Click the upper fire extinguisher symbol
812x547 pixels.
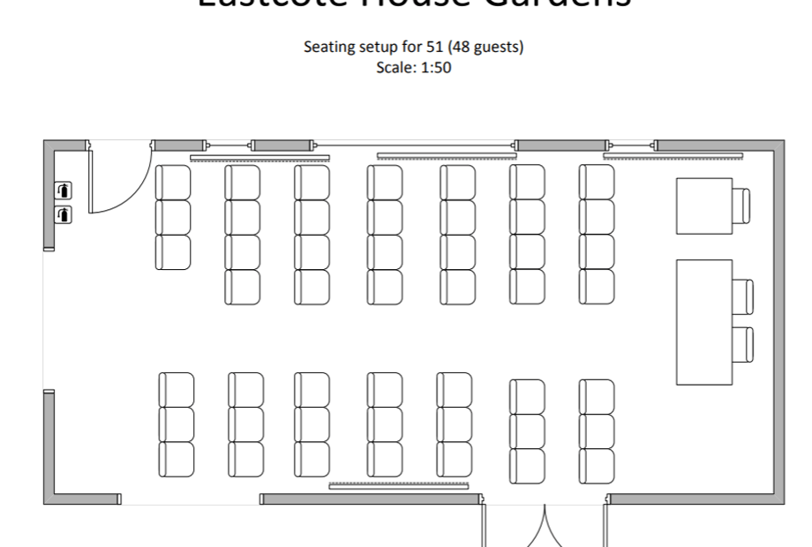(64, 190)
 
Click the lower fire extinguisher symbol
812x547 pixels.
(64, 214)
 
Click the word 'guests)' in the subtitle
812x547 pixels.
(500, 48)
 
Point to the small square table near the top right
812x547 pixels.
(704, 206)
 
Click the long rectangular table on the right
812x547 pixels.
(704, 322)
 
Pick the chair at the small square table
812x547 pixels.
(743, 206)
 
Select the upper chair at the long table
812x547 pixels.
(744, 296)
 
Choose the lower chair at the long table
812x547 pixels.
(744, 344)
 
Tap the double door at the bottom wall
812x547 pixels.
(545, 527)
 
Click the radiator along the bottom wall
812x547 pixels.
(403, 485)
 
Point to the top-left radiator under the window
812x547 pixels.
(259, 158)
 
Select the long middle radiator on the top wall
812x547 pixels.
(447, 156)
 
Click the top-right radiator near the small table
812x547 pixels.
(674, 157)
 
